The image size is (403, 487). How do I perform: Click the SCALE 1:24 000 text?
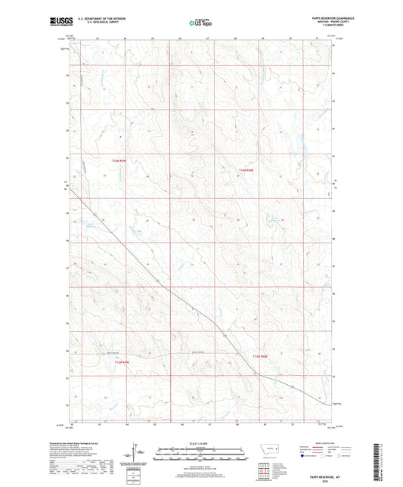click(200, 442)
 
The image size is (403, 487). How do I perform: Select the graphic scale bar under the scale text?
click(200, 454)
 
